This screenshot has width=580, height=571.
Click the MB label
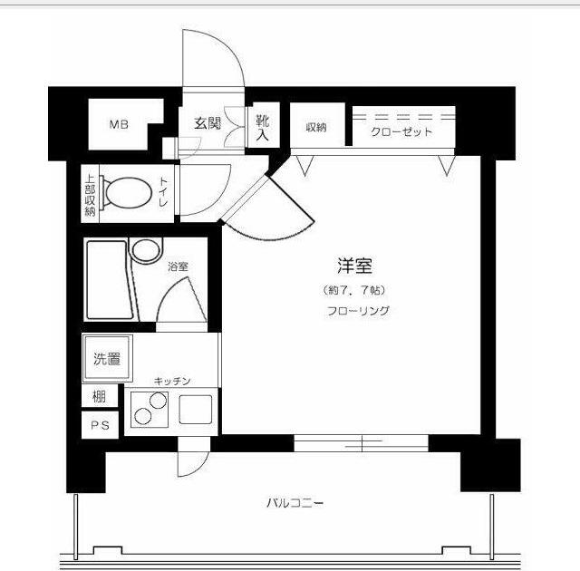click(120, 126)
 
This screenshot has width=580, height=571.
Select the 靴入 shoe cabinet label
click(262, 126)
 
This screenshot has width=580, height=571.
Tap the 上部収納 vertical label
click(91, 193)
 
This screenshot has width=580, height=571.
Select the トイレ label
click(164, 192)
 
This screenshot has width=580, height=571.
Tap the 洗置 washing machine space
click(107, 358)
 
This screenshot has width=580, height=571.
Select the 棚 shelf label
click(98, 396)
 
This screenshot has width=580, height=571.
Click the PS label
click(99, 427)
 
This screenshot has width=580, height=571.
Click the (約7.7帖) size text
click(354, 291)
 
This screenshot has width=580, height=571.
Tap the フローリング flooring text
click(357, 311)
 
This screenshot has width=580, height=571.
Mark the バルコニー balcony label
click(295, 502)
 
